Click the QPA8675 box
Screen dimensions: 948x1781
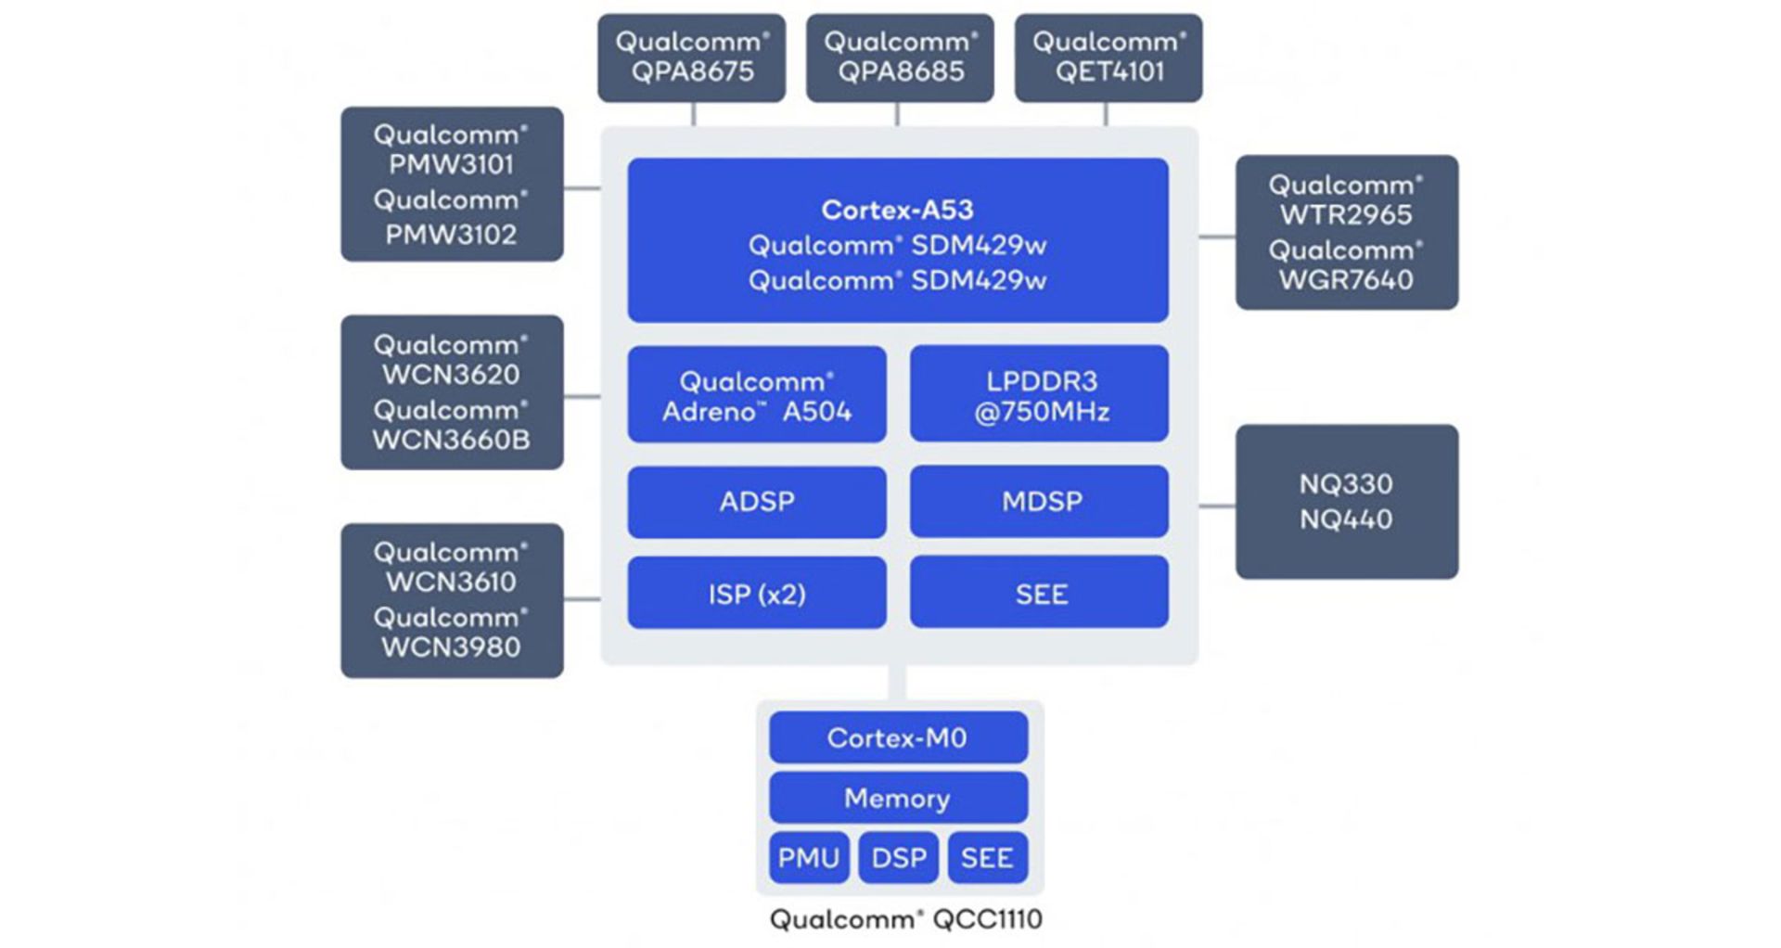[691, 58]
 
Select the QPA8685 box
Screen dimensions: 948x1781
[900, 58]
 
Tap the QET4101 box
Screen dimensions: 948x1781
[1108, 58]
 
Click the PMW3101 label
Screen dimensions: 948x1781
[452, 164]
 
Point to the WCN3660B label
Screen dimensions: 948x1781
[452, 440]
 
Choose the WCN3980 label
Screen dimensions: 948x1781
[452, 647]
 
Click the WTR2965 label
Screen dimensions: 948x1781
[1346, 214]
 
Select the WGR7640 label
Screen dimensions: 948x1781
[1346, 279]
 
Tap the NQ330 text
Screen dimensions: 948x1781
[1346, 483]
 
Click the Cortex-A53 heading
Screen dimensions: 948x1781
[897, 210]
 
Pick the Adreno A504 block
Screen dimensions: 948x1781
[757, 395]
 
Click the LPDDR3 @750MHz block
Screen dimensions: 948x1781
[1040, 395]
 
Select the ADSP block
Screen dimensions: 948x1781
[757, 502]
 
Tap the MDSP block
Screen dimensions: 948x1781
[1040, 502]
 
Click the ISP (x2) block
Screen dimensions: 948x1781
[757, 594]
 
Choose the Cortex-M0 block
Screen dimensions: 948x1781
[898, 738]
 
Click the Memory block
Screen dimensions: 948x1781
[898, 798]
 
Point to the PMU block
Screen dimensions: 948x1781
[808, 858]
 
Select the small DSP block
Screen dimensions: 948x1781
[898, 858]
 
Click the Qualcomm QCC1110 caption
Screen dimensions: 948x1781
[906, 919]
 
